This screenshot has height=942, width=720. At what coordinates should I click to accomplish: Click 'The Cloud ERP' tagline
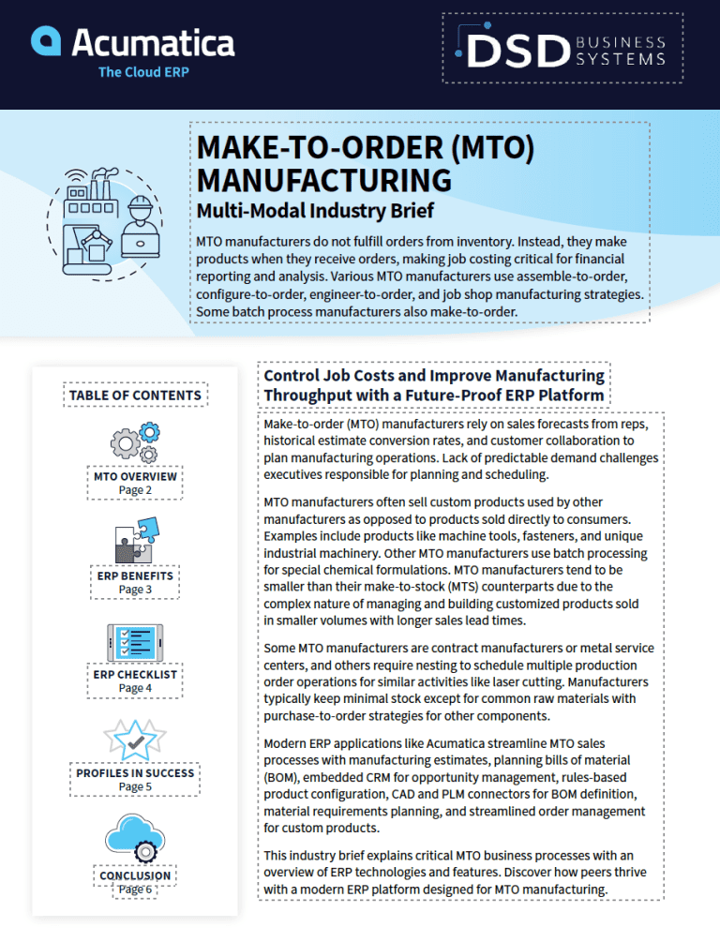tap(143, 72)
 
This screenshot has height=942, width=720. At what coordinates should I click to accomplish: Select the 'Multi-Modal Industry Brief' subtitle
tap(315, 209)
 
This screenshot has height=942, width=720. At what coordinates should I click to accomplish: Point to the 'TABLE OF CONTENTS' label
tap(135, 395)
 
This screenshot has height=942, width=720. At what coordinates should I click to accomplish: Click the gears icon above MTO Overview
tap(135, 440)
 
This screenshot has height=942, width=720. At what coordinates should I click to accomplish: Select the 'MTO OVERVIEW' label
tap(135, 476)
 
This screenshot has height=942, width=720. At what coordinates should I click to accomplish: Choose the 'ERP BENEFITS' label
tap(135, 576)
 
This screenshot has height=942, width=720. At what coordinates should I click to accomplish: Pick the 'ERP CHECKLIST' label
tap(135, 674)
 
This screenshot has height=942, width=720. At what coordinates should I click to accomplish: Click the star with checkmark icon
tap(135, 740)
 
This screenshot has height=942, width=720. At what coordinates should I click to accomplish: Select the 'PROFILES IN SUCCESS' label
tap(135, 773)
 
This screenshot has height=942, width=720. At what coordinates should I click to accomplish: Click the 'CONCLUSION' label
tap(135, 875)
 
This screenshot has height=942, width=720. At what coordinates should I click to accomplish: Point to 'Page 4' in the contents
tap(135, 688)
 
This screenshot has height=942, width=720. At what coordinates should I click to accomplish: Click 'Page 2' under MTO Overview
tap(135, 490)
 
